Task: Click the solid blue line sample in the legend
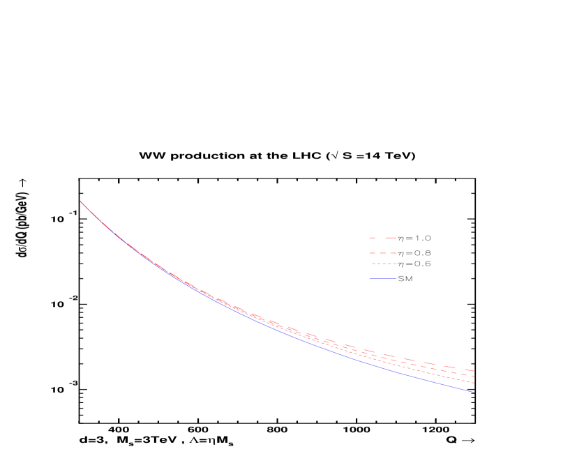(383, 279)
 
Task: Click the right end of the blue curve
(474, 392)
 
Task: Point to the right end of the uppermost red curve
(474, 370)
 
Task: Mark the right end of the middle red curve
(474, 376)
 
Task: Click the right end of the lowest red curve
(474, 383)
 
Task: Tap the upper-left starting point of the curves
(80, 202)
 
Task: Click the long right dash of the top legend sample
(391, 238)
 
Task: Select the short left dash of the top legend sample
(373, 238)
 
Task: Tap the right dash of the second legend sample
(393, 252)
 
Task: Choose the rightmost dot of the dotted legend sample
(395, 264)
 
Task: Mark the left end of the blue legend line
(370, 279)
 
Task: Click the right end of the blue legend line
(396, 279)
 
